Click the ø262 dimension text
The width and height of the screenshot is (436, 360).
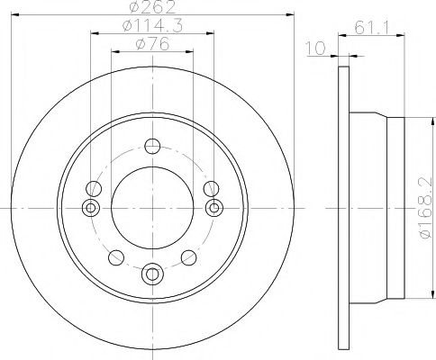coord(151,9)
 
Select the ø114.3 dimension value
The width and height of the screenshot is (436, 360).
coord(151,28)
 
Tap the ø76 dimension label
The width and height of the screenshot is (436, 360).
coord(151,46)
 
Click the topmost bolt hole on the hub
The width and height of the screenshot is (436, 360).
coord(151,147)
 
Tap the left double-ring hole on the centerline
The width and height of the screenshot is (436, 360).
coord(90,208)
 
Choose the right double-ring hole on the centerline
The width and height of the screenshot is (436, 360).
coord(213,208)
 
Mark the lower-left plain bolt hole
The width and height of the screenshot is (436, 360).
coord(114,257)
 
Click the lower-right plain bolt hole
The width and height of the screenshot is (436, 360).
coord(188,257)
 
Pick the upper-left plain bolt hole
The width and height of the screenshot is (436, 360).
coord(92,188)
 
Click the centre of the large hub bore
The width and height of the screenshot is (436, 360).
coord(151,208)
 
